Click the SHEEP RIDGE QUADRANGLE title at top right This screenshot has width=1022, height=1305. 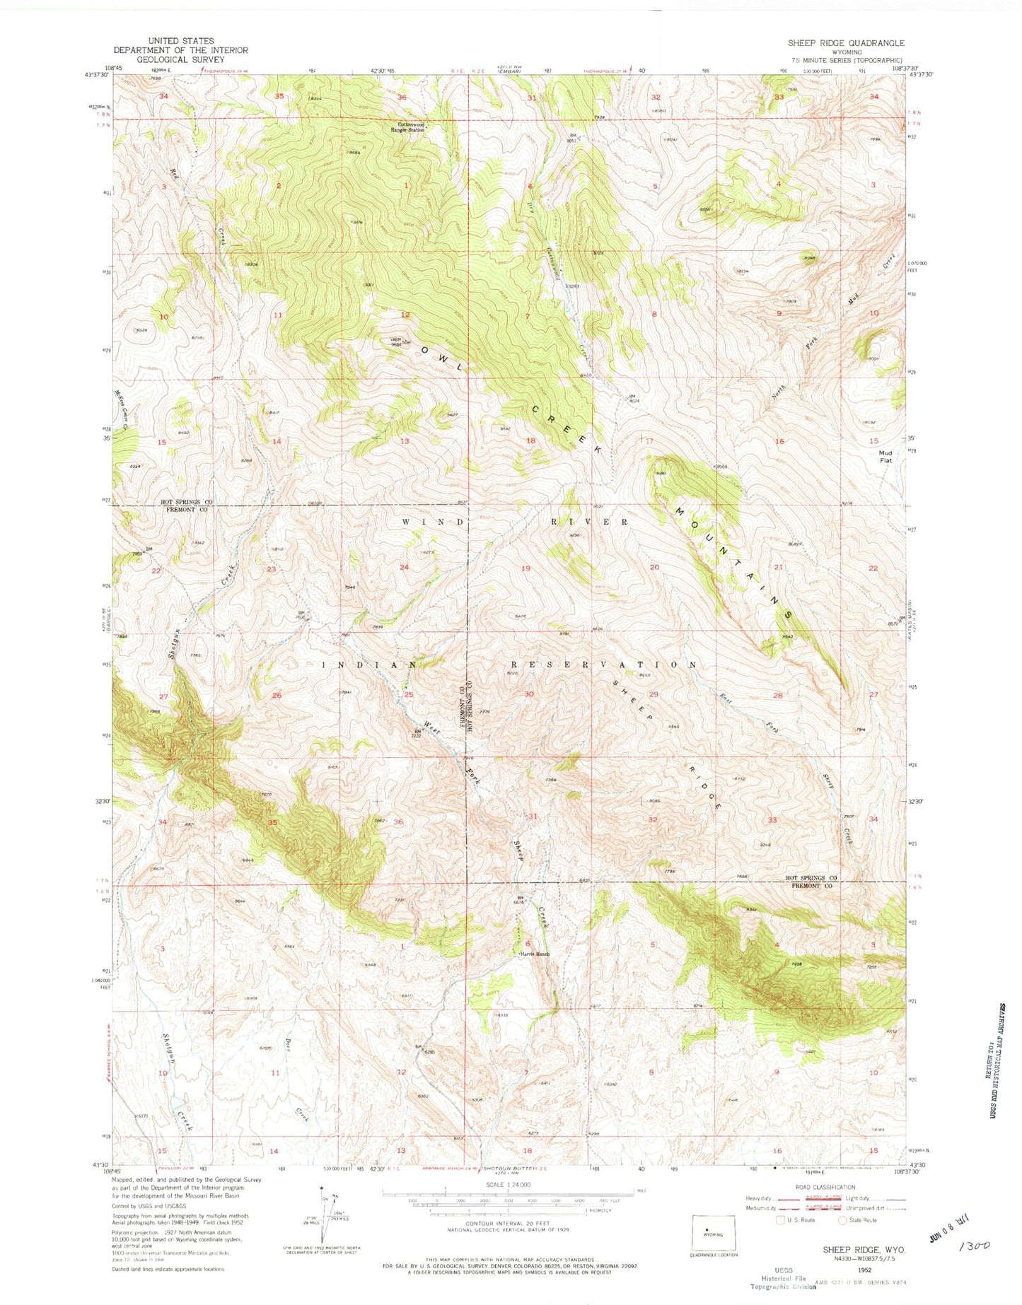pos(845,43)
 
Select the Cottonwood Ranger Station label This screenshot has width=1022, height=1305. pos(413,127)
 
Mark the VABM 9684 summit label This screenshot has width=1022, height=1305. pos(400,342)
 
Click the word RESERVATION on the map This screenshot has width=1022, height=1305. pos(603,665)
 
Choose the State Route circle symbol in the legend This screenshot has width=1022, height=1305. pos(842,1220)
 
